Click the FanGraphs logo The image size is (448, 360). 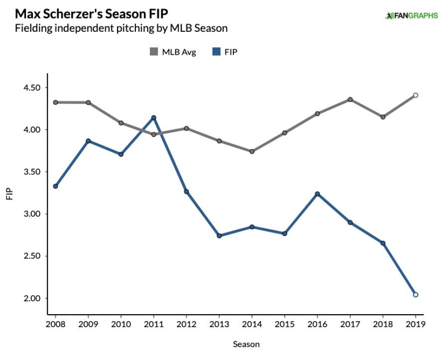pyautogui.click(x=411, y=15)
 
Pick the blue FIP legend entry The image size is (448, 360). pyautogui.click(x=224, y=52)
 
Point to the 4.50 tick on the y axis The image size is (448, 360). pyautogui.click(x=32, y=88)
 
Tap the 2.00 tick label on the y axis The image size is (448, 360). pyautogui.click(x=32, y=298)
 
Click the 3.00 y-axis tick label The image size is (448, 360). pyautogui.click(x=32, y=214)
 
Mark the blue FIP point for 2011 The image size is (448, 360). pyautogui.click(x=154, y=118)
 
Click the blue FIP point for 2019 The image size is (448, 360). pyautogui.click(x=416, y=295)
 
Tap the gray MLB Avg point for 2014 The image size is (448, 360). pyautogui.click(x=252, y=151)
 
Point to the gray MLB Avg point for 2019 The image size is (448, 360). pyautogui.click(x=416, y=95)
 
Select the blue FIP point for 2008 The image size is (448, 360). pyautogui.click(x=55, y=186)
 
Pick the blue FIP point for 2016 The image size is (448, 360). pyautogui.click(x=318, y=194)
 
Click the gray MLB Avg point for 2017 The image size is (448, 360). pyautogui.click(x=350, y=100)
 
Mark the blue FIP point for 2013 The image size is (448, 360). pyautogui.click(x=219, y=236)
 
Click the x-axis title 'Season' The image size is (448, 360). pyautogui.click(x=246, y=344)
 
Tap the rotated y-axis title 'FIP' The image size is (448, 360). pyautogui.click(x=9, y=193)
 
